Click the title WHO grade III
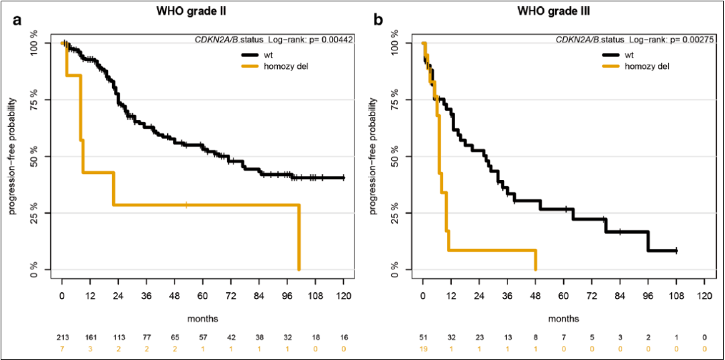point(563,11)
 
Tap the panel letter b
point(378,21)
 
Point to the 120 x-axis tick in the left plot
point(344,295)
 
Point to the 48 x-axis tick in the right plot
point(535,295)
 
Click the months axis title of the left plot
point(202,318)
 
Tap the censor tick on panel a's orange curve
point(187,204)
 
